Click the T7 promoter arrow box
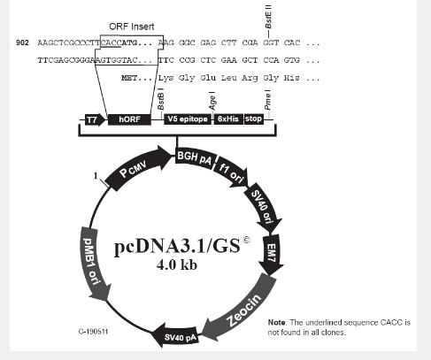(x=95, y=119)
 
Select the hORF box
(x=129, y=119)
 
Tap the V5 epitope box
(x=188, y=119)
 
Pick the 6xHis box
(x=228, y=119)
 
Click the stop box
(x=254, y=119)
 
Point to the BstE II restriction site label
(x=268, y=17)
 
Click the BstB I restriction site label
(x=160, y=99)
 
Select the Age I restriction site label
(x=212, y=101)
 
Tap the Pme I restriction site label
(x=267, y=100)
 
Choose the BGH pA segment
(x=196, y=159)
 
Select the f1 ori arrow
(x=233, y=172)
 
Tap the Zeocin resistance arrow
(x=241, y=308)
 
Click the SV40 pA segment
(x=177, y=336)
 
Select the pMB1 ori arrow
(x=95, y=264)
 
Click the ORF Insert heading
(x=132, y=27)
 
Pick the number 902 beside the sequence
(x=22, y=42)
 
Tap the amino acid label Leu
(x=228, y=78)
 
